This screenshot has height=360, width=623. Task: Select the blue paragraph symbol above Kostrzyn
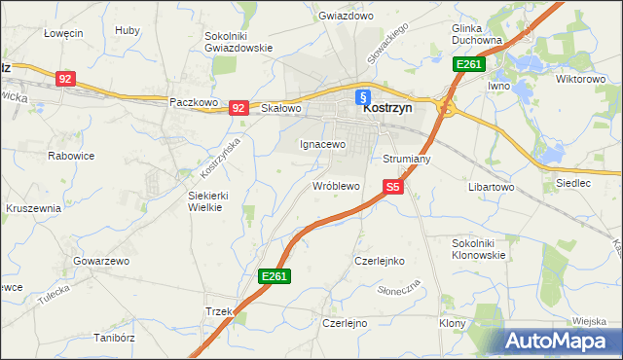coord(362,95)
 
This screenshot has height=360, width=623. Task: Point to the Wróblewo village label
coord(336,185)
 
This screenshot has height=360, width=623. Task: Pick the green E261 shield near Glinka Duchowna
coord(468,64)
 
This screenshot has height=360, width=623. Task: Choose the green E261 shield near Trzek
coord(275,277)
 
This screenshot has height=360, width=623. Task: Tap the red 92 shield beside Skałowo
coord(238,108)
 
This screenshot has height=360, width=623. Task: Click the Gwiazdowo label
coord(347,17)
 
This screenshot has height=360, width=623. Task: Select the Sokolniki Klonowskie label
coord(479,248)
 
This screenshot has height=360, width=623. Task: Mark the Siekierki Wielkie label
coord(207,199)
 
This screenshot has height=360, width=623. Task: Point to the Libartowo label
coord(492,185)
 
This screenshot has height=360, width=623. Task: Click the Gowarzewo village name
coord(101,261)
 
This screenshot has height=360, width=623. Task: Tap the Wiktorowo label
coord(580,79)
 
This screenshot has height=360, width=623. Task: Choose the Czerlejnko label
coord(379,261)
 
